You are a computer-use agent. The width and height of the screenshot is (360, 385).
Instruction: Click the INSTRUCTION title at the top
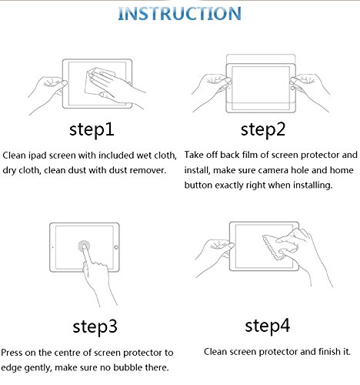[x=179, y=13]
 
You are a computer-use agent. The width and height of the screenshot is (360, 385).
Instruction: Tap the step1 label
[x=92, y=130]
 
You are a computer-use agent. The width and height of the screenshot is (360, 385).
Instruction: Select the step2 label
[x=263, y=130]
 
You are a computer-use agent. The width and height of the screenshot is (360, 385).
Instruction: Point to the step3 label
[x=95, y=327]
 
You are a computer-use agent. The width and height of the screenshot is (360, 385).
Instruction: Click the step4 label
[x=267, y=326]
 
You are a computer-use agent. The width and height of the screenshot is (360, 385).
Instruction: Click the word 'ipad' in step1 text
[x=38, y=156]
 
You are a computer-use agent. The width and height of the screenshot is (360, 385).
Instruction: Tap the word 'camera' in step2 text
[x=272, y=170]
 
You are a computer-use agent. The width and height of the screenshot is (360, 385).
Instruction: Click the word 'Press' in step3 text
[x=12, y=353]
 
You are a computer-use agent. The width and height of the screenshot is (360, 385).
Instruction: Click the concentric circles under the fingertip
[x=84, y=246]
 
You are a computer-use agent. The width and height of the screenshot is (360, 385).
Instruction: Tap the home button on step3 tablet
[x=116, y=247]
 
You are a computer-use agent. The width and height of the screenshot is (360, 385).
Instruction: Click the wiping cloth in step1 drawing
[x=98, y=81]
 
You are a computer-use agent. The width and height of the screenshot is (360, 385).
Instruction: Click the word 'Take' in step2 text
[x=194, y=155]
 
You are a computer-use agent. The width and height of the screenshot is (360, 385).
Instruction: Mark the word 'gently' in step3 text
[x=38, y=368]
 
